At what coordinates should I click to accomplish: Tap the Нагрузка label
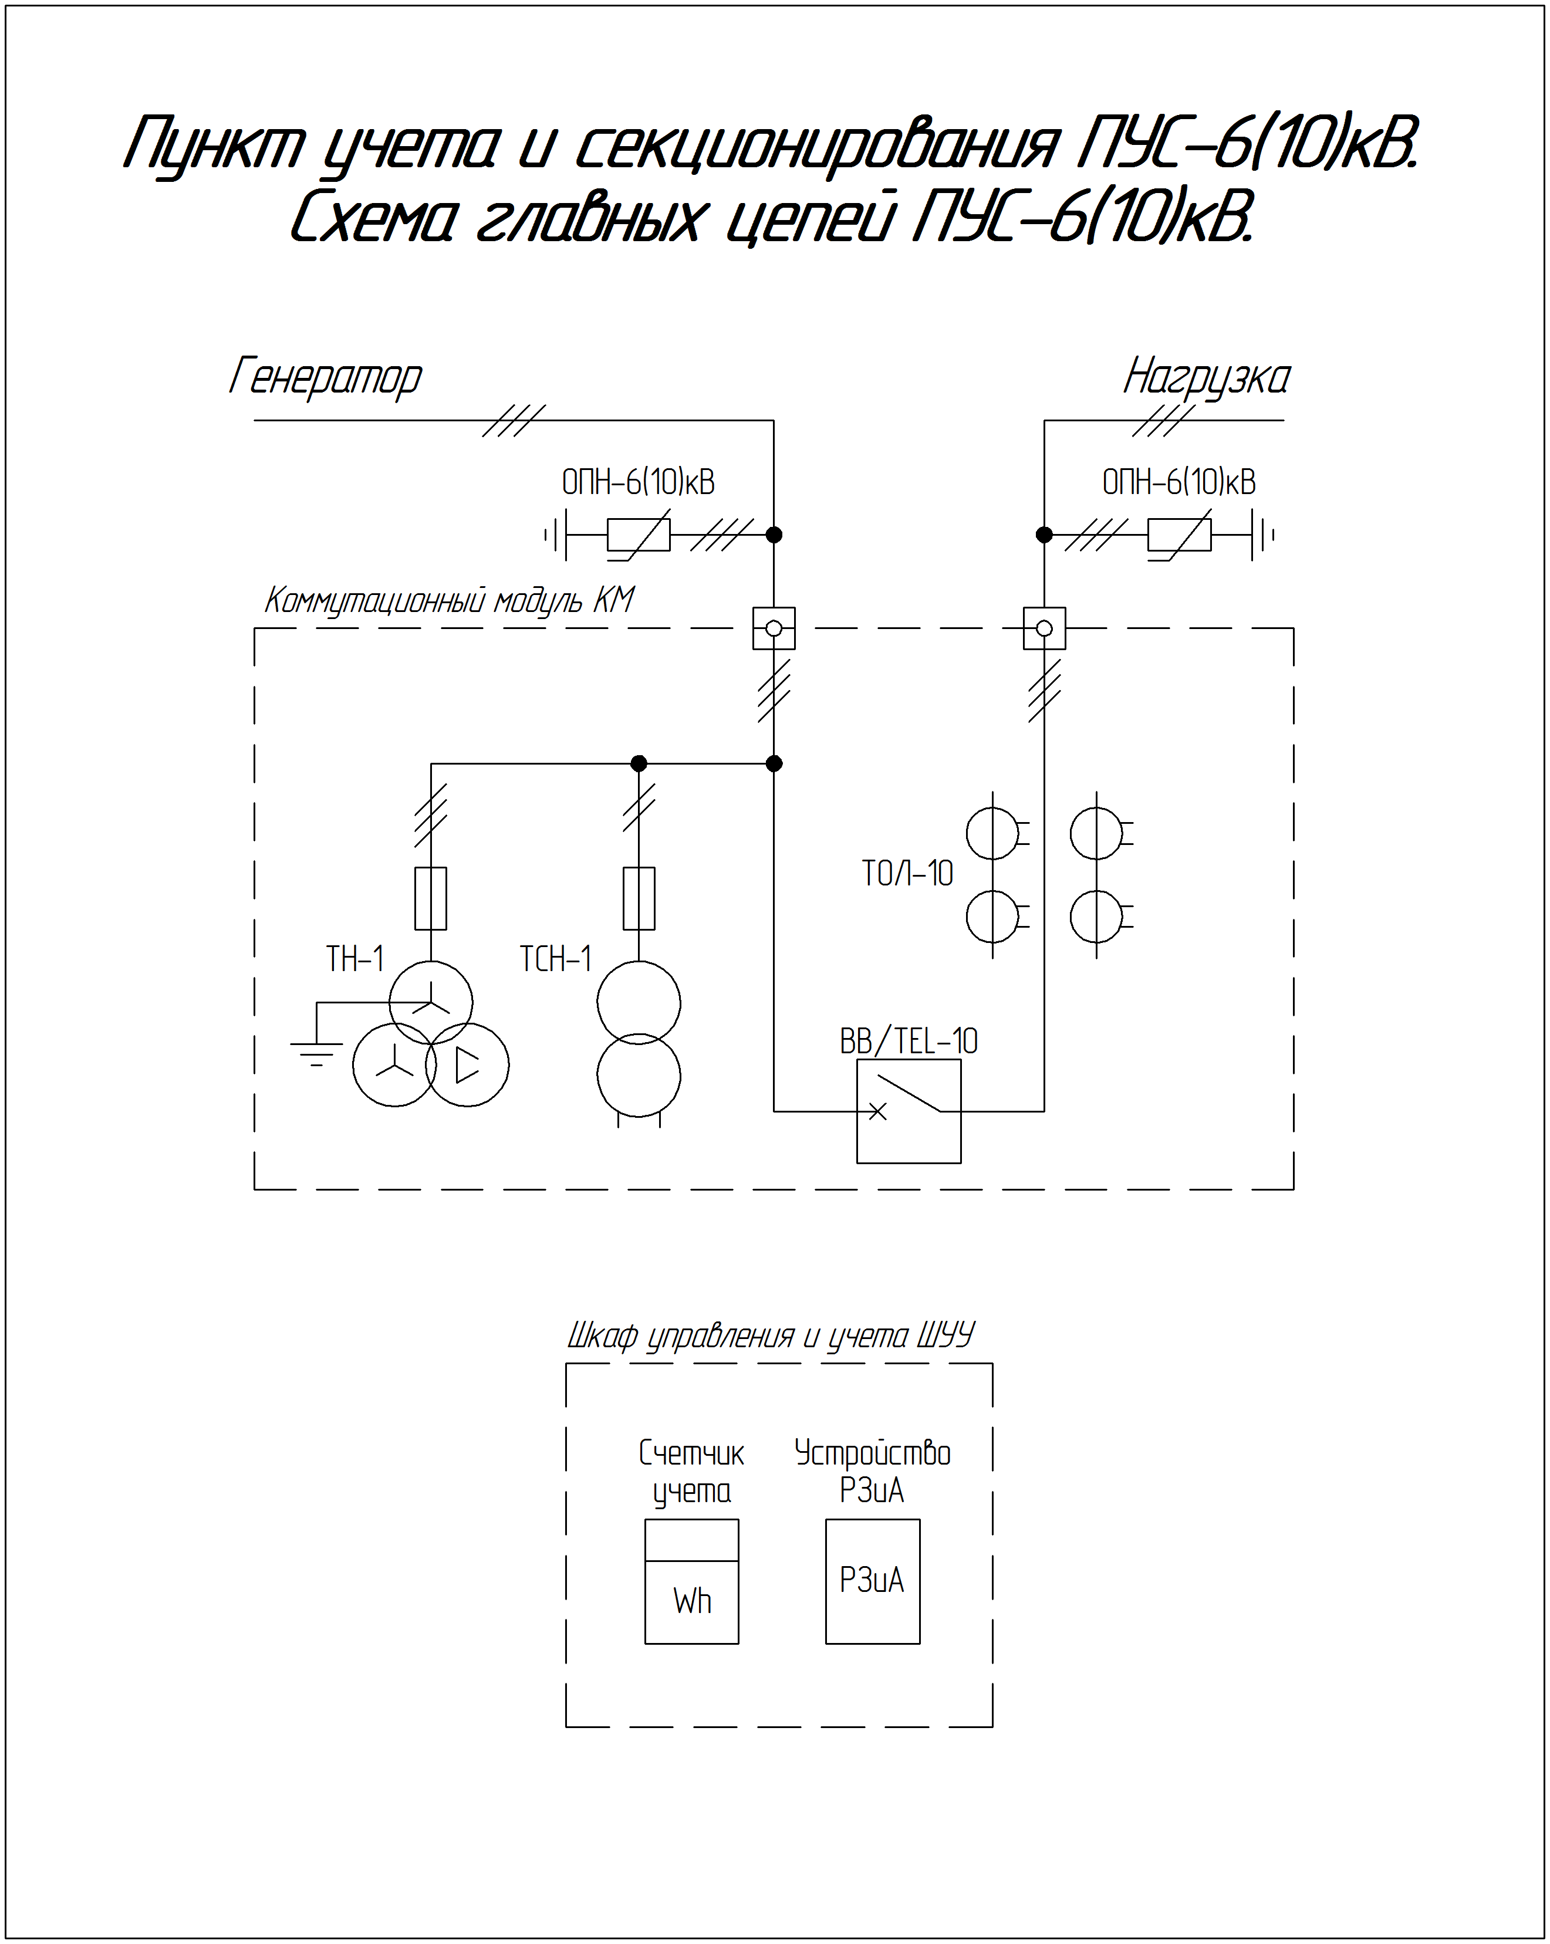(1207, 377)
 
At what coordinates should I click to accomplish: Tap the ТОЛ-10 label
(907, 873)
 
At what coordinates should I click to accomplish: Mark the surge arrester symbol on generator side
(639, 535)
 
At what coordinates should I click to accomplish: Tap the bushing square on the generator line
(774, 628)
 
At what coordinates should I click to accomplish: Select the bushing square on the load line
(1044, 628)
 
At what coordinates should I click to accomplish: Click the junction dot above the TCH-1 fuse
(639, 764)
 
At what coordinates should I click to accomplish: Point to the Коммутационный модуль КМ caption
(449, 600)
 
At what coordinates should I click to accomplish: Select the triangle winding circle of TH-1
(467, 1065)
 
